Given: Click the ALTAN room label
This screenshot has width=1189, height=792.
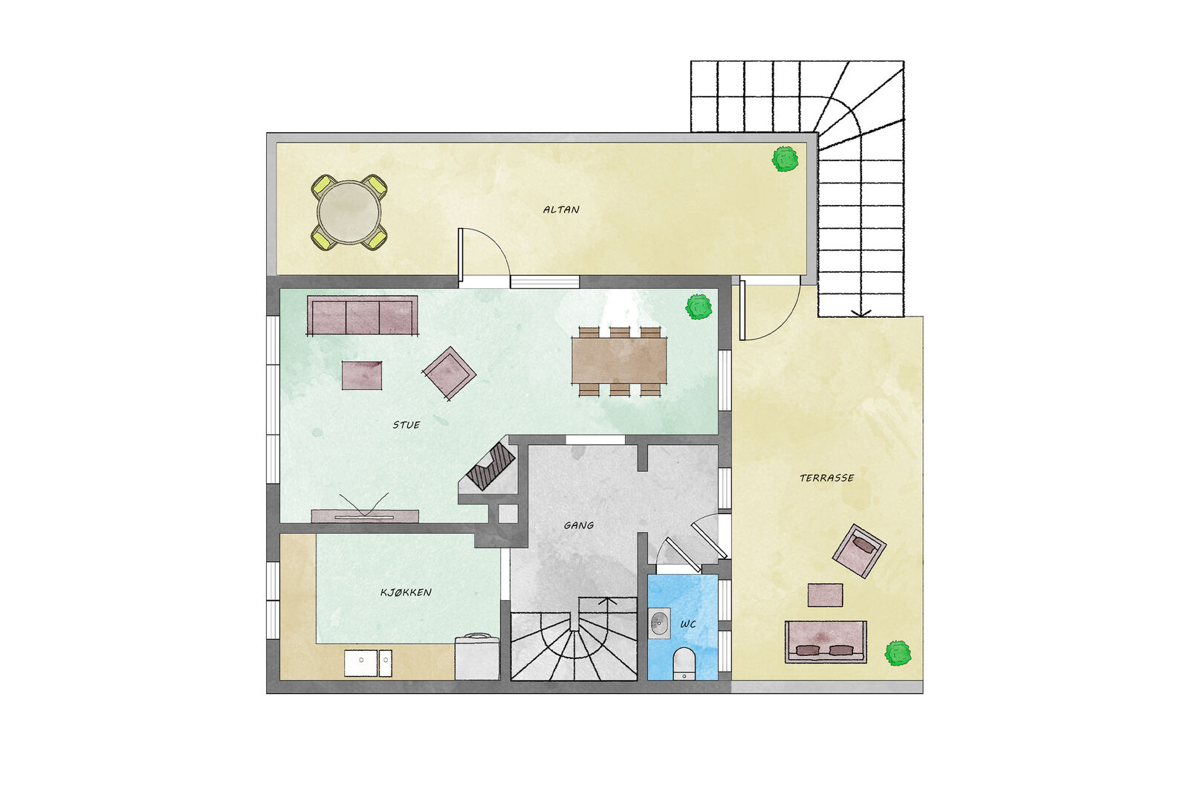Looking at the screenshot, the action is [561, 210].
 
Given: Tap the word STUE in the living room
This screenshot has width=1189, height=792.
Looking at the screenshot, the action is [406, 425].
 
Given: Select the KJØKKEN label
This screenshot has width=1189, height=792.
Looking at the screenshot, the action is [406, 592].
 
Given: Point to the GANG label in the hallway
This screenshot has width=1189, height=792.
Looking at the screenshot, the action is [579, 525].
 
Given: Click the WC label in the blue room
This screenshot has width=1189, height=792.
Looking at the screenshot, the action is [688, 624].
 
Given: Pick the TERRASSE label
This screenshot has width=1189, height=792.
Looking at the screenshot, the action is [827, 478].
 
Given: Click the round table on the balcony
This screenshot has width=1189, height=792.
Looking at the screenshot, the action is [349, 212].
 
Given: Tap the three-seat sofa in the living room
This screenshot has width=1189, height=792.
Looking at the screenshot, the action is [363, 315].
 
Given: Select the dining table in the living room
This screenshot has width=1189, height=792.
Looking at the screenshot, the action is [620, 361].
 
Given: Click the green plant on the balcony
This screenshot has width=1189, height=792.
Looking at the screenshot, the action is [785, 159].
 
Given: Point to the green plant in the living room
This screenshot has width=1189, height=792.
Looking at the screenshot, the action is [699, 307].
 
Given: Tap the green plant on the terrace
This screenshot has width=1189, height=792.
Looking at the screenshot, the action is [898, 654].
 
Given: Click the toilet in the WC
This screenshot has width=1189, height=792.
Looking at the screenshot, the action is [684, 663].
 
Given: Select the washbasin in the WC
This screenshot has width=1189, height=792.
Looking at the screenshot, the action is [658, 623].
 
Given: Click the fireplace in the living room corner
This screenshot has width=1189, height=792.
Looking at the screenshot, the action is [491, 467].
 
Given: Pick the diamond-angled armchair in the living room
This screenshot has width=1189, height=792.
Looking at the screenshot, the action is [449, 373].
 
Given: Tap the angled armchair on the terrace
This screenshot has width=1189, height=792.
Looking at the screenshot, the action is [859, 551].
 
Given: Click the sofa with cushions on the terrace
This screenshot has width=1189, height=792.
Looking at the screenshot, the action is [826, 642].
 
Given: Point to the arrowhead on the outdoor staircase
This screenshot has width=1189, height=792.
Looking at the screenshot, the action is [861, 313].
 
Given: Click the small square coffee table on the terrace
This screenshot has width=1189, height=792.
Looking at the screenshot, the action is [826, 595].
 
